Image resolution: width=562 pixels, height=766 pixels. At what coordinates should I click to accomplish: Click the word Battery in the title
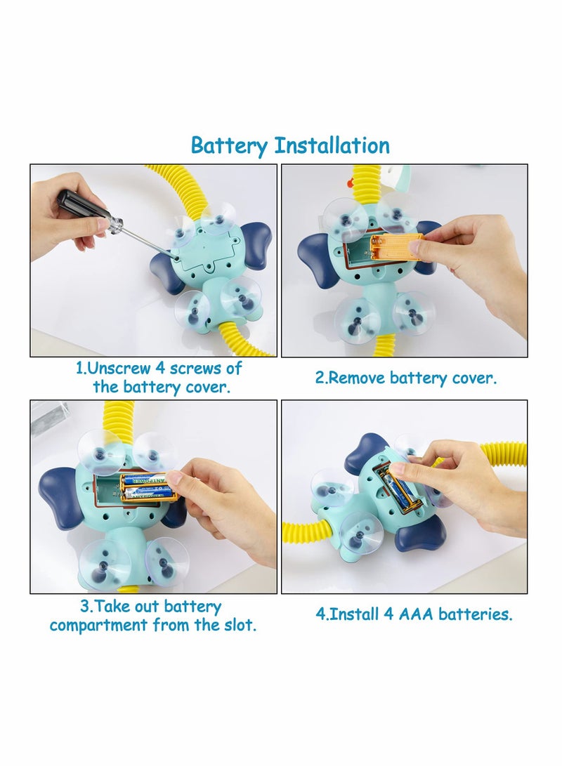point(229,146)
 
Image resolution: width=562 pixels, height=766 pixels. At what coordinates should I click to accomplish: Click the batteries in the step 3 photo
point(147,487)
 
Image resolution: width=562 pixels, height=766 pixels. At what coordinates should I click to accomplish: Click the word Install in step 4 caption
point(354,614)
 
